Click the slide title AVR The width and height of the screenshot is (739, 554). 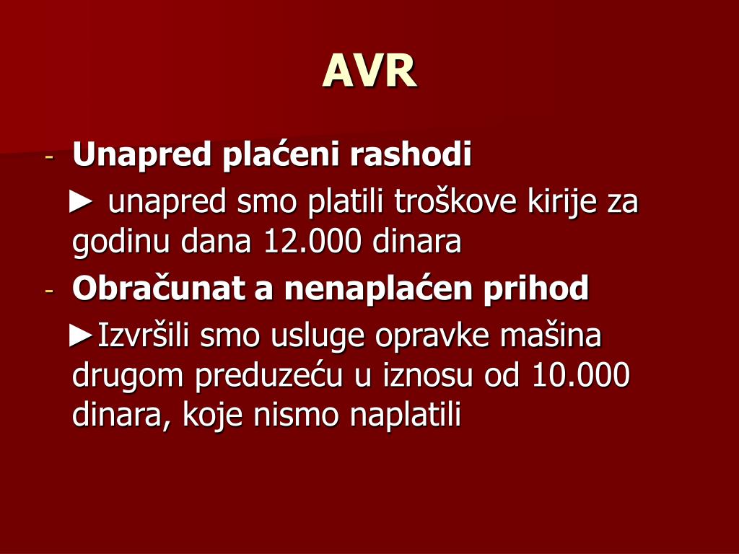(x=369, y=71)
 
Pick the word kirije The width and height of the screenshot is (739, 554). (x=561, y=203)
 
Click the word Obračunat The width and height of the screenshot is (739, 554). (x=159, y=289)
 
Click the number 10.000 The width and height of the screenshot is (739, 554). (x=580, y=376)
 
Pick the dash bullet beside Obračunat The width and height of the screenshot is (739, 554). (x=49, y=291)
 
